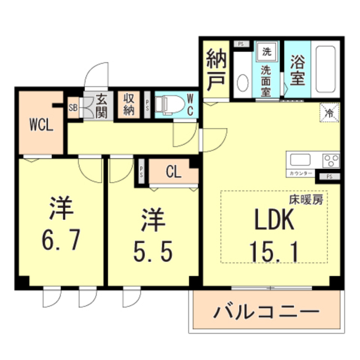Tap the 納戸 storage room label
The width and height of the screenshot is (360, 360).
coord(215,69)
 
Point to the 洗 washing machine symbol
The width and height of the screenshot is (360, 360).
coord(267,52)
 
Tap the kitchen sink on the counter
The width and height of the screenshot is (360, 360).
coord(299,159)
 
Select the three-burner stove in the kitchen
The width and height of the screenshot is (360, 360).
coord(330,159)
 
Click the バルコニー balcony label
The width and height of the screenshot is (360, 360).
coord(267,311)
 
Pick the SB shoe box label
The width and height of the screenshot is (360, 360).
coord(73,107)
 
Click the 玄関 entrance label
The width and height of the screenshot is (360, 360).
coord(101,104)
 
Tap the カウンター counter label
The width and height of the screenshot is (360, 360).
coord(301,173)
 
